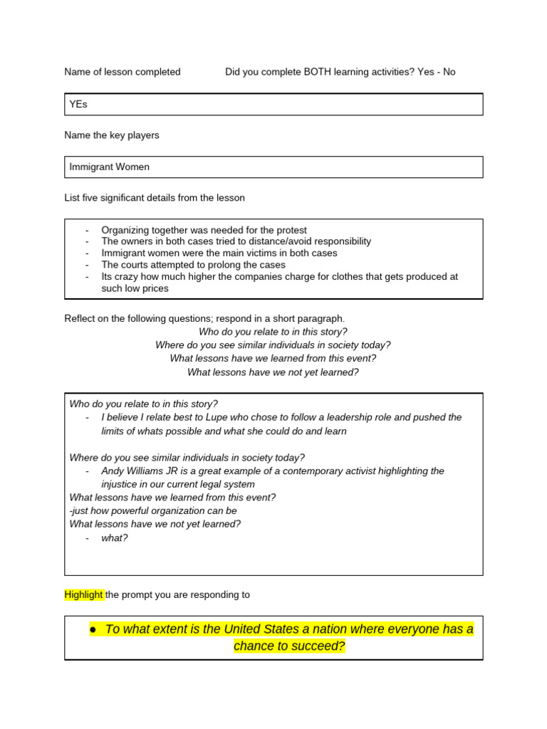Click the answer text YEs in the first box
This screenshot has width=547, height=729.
78,105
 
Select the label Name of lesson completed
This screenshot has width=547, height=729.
123,72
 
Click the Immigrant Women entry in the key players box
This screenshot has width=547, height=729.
109,167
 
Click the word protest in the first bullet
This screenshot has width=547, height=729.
291,230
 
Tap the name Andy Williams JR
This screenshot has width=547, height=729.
142,471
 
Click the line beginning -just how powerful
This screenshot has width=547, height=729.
153,510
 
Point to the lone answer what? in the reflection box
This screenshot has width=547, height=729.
115,537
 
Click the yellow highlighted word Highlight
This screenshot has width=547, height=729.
84,594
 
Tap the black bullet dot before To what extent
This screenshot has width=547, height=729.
93,630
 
